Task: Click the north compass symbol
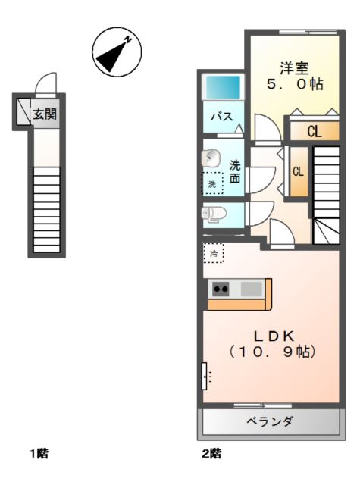click(117, 52)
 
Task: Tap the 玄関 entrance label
click(45, 114)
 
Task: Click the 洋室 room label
click(294, 68)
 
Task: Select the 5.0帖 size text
click(295, 84)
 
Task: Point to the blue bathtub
click(223, 87)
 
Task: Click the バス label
click(222, 117)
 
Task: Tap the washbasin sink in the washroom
click(211, 158)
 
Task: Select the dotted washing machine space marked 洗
click(212, 183)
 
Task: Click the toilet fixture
click(214, 214)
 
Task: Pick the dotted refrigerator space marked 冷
click(214, 253)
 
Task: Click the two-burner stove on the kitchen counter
click(221, 289)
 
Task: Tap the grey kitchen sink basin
click(252, 289)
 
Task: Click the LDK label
click(274, 336)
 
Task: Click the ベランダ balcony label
click(269, 421)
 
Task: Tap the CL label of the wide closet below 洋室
click(315, 132)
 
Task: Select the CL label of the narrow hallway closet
click(298, 171)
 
